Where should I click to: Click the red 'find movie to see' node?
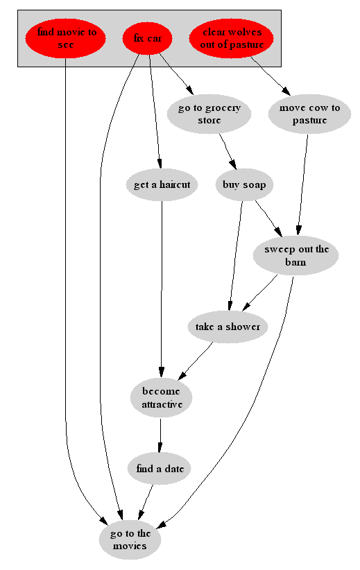pyautogui.click(x=65, y=38)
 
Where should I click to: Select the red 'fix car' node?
pyautogui.click(x=147, y=38)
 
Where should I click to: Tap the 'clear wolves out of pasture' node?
pyautogui.click(x=231, y=38)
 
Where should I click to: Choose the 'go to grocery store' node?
pyautogui.click(x=209, y=114)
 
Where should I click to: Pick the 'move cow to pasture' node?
pyautogui.click(x=309, y=114)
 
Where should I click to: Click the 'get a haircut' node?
pyautogui.click(x=162, y=184)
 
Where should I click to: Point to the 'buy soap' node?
pyautogui.click(x=244, y=184)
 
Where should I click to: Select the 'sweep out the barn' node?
pyautogui.click(x=296, y=256)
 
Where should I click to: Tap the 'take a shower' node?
pyautogui.click(x=228, y=327)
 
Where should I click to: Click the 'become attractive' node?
pyautogui.click(x=162, y=398)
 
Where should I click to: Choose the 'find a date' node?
pyautogui.click(x=160, y=469)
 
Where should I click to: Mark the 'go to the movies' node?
pyautogui.click(x=130, y=539)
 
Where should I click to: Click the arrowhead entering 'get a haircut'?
pyautogui.click(x=159, y=164)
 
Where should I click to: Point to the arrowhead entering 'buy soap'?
pyautogui.click(x=233, y=165)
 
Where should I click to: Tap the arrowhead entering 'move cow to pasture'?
pyautogui.click(x=286, y=92)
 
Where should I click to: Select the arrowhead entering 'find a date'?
pyautogui.click(x=160, y=448)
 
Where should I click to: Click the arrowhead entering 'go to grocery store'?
pyautogui.click(x=189, y=89)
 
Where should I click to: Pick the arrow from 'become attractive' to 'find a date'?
pyautogui.click(x=160, y=435)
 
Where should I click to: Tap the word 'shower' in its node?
pyautogui.click(x=243, y=327)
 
